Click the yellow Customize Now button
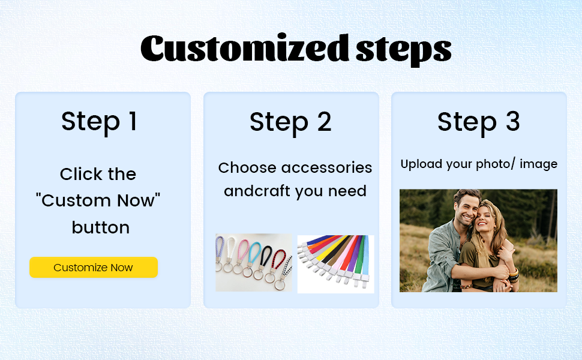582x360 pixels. (x=93, y=268)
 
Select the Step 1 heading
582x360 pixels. (x=99, y=122)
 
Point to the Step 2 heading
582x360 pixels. (x=290, y=122)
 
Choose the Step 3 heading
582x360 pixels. (x=478, y=122)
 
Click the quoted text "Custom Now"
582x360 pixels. (x=98, y=200)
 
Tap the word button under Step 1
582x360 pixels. (x=100, y=227)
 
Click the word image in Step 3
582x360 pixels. (x=538, y=164)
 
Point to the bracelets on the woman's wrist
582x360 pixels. (x=514, y=275)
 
